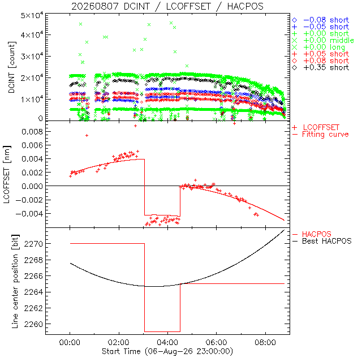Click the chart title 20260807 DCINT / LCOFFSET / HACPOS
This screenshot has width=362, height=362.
point(167,6)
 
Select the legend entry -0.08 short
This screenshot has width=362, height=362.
point(321,20)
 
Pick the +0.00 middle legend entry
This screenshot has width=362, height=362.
point(323,40)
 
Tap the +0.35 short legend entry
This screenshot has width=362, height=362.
point(321,68)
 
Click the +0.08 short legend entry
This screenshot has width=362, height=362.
point(321,61)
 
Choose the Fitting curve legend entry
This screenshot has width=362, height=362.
point(321,135)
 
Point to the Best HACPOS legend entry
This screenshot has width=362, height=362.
point(322,242)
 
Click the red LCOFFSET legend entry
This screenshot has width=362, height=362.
point(316,127)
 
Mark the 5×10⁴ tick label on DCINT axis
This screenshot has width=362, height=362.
point(32,16)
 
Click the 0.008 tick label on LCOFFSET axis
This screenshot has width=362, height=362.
point(32,132)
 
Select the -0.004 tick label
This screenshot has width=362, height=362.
point(29,214)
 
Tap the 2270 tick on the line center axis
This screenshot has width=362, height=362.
point(33,244)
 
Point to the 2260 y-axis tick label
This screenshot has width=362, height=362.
point(33,324)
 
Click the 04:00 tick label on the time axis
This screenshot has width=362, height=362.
point(167,342)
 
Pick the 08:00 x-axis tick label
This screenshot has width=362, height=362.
point(265,342)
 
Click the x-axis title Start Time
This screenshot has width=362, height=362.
point(167,352)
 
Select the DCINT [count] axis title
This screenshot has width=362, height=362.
point(12,67)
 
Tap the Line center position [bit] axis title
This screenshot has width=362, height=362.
point(15,281)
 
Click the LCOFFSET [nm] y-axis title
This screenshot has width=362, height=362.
point(7,175)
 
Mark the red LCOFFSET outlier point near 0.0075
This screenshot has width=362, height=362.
point(87,136)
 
